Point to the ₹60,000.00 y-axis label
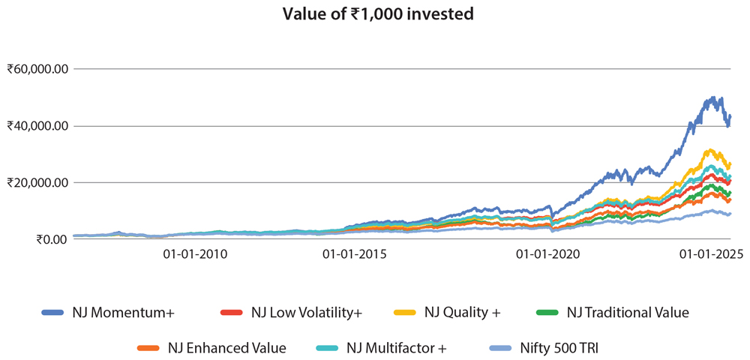click(38, 69)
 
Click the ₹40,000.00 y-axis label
click(38, 126)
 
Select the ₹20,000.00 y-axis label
click(38, 182)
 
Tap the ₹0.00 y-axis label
click(48, 239)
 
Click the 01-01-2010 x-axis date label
click(195, 254)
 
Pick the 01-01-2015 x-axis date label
click(355, 254)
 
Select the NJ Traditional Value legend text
click(627, 312)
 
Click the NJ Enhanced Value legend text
click(226, 348)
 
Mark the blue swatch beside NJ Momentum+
click(52, 312)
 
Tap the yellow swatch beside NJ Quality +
click(405, 312)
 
